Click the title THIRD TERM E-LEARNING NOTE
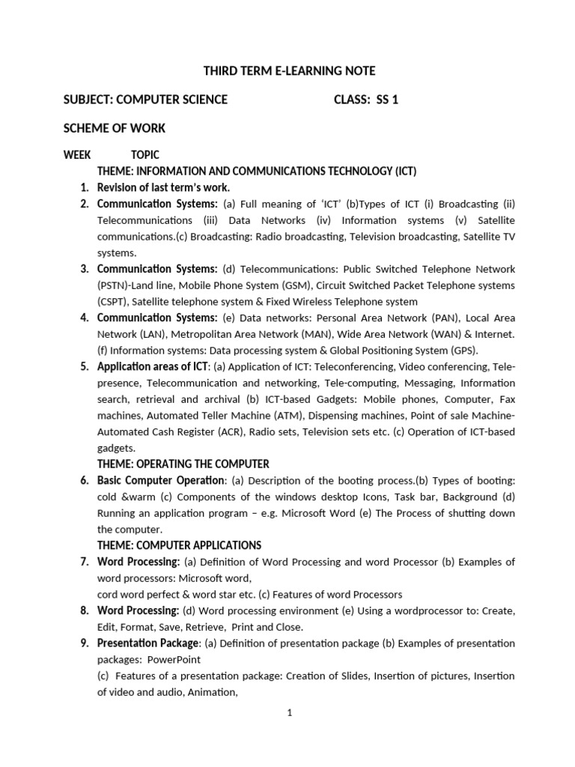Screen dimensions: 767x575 [290, 71]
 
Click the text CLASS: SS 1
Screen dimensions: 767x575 [366, 100]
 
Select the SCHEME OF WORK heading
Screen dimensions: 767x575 [115, 128]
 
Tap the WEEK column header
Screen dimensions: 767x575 [77, 155]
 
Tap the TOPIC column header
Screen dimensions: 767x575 [144, 155]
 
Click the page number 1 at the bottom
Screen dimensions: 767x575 [289, 713]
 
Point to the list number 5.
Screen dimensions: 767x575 [85, 366]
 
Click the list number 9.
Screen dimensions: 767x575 [85, 643]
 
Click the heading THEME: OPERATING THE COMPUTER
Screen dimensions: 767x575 [183, 464]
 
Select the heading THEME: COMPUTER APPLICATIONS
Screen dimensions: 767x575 [179, 545]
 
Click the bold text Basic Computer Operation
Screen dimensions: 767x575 [160, 480]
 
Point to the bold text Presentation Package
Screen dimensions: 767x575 [147, 643]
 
